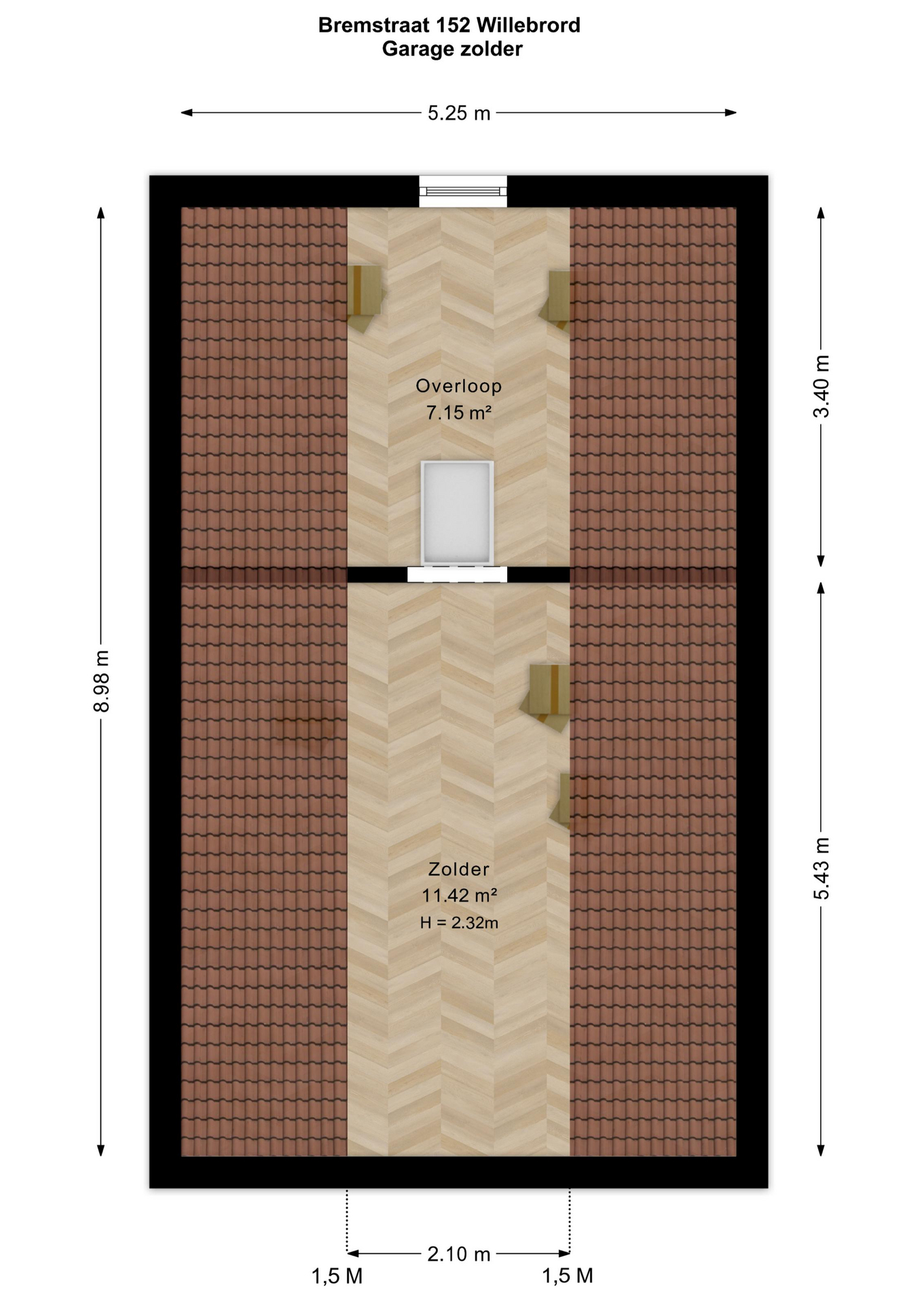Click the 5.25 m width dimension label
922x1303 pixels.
coord(459,113)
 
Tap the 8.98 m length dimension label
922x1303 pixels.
coord(101,681)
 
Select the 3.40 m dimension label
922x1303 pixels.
coord(822,386)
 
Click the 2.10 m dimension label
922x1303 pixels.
coord(459,1254)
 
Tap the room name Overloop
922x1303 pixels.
coord(459,386)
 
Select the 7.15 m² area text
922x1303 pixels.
coord(459,412)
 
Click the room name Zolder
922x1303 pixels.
coord(459,869)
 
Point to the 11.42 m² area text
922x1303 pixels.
coord(460,895)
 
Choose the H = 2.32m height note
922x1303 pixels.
coord(459,922)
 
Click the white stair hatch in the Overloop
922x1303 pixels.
coord(457,512)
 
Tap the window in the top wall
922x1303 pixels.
coord(463,191)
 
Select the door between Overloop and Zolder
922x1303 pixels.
coord(457,574)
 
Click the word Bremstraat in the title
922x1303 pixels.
coord(384,25)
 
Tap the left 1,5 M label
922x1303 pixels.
coord(337,1277)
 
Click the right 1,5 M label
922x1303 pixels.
coord(568,1277)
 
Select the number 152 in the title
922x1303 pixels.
coord(462,25)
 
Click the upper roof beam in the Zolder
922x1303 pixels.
coord(547,696)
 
